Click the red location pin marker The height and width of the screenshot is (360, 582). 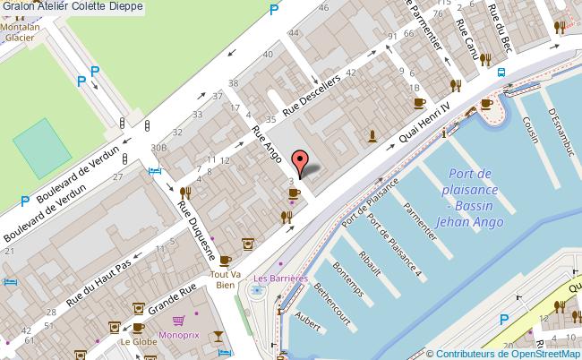pos(302,163)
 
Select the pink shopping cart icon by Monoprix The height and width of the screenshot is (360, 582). pos(180,320)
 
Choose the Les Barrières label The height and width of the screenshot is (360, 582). pos(280,278)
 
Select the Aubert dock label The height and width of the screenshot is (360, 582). pos(309,322)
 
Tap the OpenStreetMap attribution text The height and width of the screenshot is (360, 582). pos(505,353)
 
